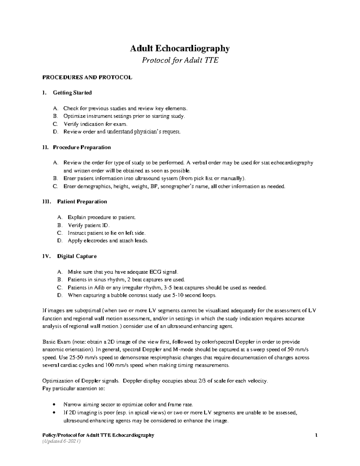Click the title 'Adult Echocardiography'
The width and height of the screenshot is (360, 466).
180,49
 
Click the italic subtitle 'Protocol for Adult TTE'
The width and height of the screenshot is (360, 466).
180,61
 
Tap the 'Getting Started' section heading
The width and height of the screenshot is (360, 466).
72,93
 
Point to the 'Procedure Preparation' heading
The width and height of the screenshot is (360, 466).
82,147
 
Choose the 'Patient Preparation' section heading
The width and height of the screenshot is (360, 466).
82,202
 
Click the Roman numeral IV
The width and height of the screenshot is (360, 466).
46,256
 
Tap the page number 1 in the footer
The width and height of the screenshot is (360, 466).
316,435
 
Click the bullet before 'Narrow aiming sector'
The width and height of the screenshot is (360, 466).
54,404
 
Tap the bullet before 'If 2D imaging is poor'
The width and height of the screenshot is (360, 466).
54,413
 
